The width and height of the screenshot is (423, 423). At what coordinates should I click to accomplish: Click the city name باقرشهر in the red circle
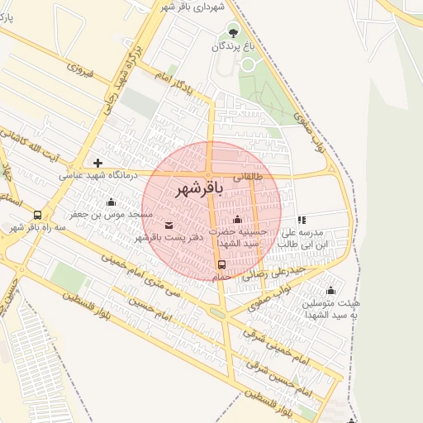pos(199,190)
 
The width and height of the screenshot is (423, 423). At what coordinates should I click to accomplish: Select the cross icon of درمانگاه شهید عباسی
pos(97,163)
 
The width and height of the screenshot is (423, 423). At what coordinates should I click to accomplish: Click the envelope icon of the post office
pos(169,225)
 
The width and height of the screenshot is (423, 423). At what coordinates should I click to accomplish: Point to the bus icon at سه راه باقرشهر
pos(37,215)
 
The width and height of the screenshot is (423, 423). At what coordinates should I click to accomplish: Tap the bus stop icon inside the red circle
pos(221,265)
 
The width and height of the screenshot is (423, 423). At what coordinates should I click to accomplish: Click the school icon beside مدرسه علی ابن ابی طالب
pos(302,220)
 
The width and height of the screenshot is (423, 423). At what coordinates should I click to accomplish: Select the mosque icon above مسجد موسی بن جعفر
pos(112,202)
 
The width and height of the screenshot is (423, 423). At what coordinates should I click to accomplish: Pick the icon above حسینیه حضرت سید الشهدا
pos(238,219)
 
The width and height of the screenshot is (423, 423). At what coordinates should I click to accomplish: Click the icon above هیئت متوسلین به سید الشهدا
pos(331,290)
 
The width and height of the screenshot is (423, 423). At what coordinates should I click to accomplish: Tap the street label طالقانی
pos(250,176)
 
